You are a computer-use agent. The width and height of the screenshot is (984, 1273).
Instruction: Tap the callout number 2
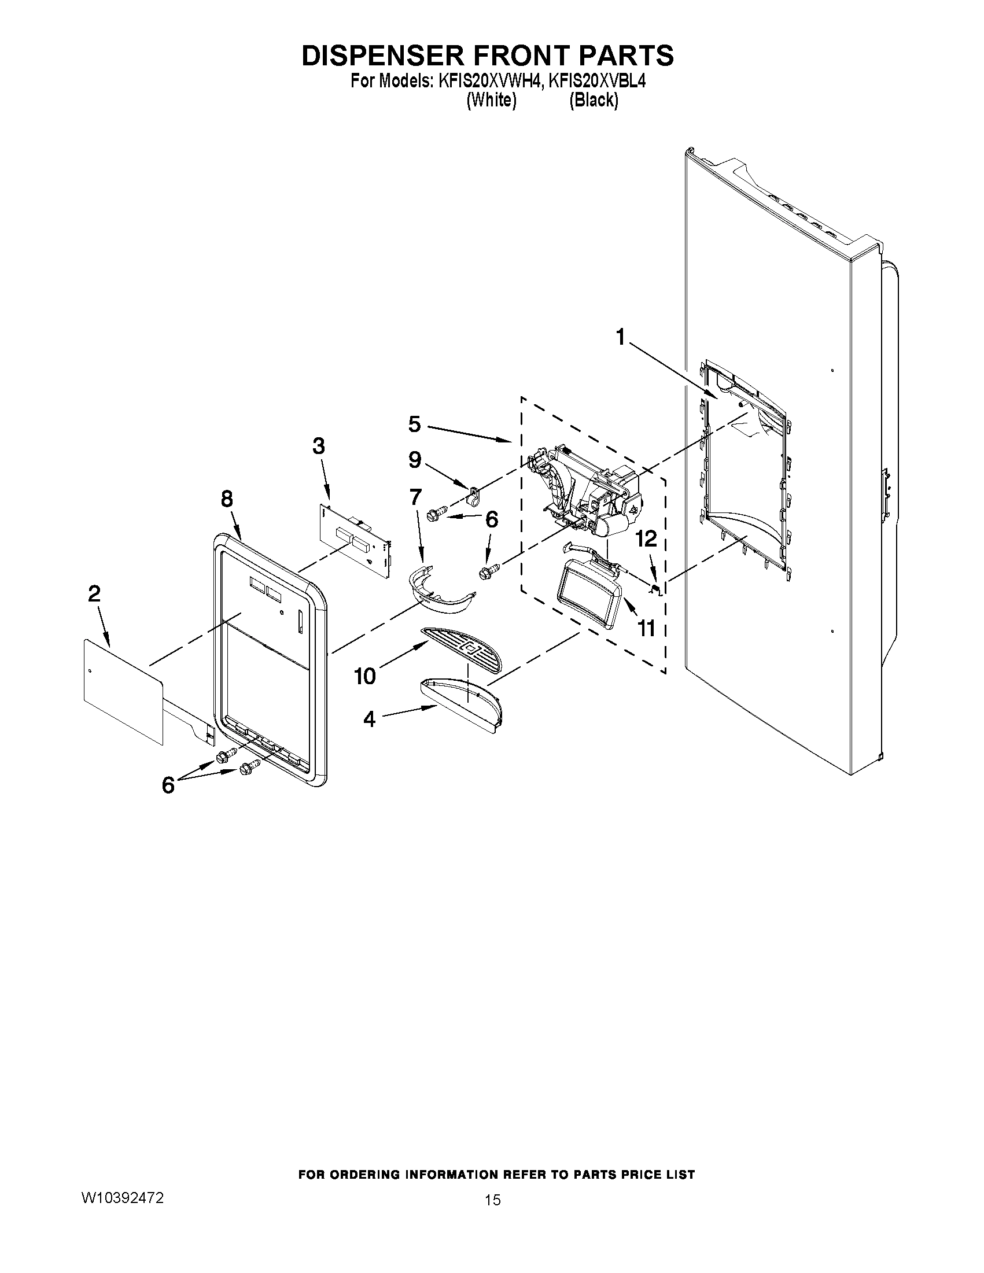(94, 594)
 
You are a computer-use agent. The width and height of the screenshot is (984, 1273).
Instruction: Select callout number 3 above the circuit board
(318, 446)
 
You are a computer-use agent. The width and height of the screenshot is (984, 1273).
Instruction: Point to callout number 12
(646, 538)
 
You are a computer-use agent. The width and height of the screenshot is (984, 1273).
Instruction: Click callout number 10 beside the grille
(365, 676)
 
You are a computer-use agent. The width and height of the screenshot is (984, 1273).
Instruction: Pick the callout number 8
(227, 499)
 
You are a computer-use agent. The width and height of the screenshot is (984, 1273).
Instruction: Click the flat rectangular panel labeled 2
(123, 691)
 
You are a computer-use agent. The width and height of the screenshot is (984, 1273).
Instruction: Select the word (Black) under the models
(593, 100)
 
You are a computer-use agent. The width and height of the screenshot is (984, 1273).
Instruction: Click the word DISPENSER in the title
(382, 56)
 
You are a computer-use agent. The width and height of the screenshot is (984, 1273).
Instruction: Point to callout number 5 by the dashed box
(414, 424)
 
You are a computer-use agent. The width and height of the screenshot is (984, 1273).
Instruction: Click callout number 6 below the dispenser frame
(168, 785)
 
